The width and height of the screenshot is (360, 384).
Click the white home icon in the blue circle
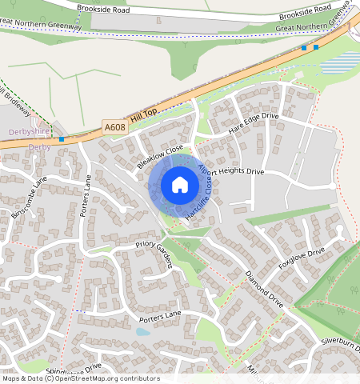(180, 186)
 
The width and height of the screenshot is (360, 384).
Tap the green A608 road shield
(114, 126)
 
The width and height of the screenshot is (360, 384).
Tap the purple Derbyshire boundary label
(29, 131)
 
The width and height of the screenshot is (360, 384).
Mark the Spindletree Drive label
(74, 370)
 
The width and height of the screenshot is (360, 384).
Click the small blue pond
(143, 331)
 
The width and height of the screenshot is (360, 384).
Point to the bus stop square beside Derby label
(62, 139)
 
